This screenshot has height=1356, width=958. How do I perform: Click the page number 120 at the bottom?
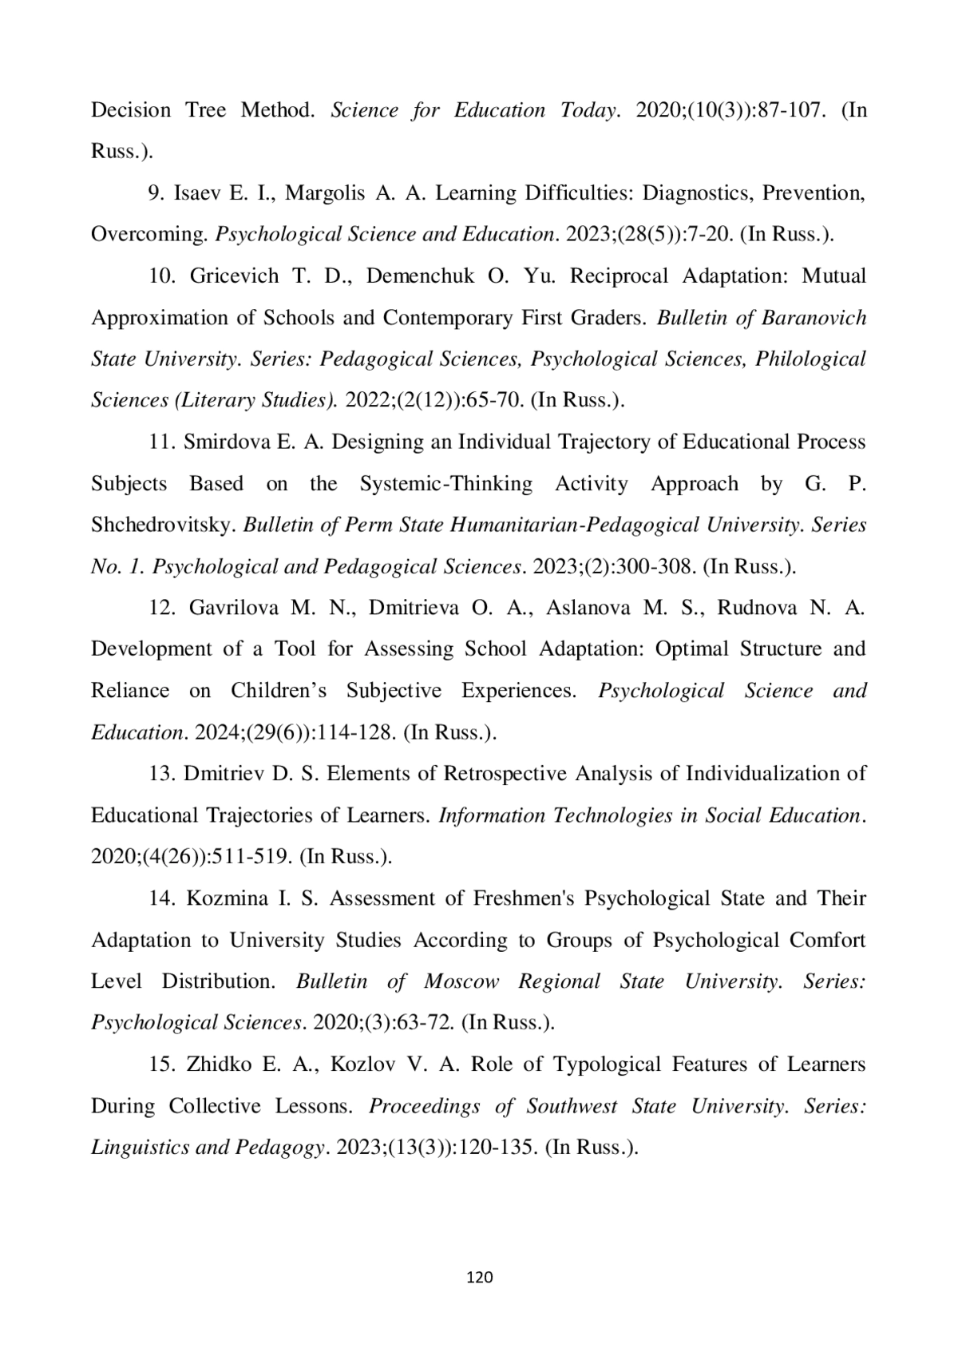(x=479, y=1277)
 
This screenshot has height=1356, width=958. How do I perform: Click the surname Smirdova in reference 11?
(x=227, y=442)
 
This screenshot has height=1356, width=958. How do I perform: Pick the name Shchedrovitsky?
(x=164, y=525)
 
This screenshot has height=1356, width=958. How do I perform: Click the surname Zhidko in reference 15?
(x=219, y=1065)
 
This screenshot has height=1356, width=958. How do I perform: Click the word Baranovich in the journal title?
(x=814, y=318)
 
